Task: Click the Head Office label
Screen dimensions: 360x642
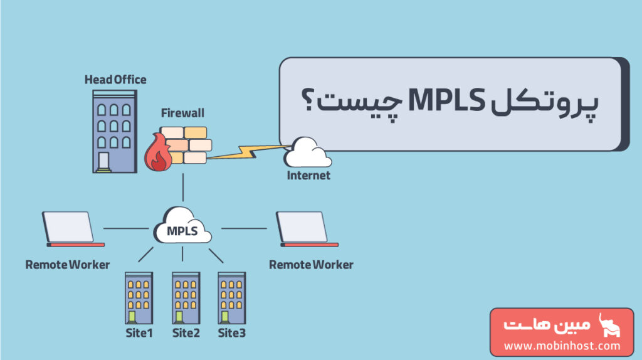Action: tap(115, 80)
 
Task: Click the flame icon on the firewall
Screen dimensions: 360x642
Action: tap(157, 156)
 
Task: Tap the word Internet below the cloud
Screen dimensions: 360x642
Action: tap(308, 176)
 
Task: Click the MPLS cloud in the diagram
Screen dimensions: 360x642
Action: tap(182, 226)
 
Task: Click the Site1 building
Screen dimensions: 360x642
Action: tap(139, 297)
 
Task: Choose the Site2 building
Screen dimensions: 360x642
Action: tap(186, 297)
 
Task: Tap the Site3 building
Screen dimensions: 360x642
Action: tap(231, 297)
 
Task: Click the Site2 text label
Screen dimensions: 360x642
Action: tap(186, 333)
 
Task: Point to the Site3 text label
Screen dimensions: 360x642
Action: tap(232, 333)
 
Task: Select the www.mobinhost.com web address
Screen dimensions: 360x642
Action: tap(562, 346)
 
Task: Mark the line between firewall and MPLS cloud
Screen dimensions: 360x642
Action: tap(182, 188)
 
